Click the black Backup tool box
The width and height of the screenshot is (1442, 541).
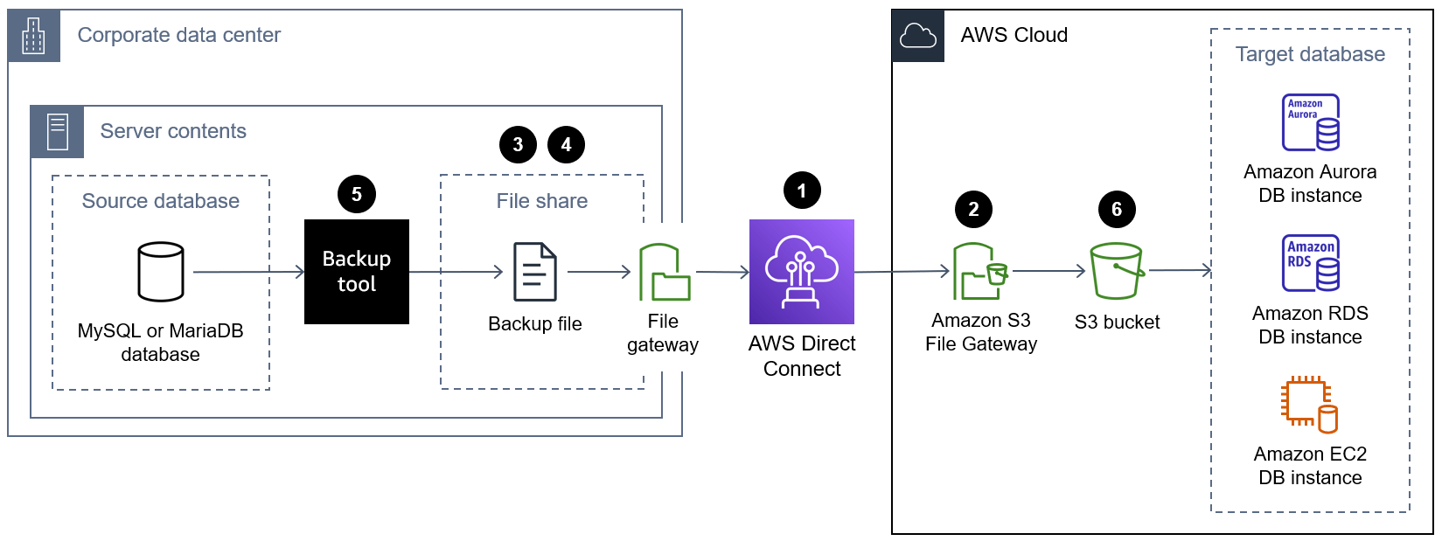pos(356,272)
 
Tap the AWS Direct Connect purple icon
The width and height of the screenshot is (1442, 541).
pos(801,272)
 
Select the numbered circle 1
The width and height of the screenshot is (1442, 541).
pos(802,191)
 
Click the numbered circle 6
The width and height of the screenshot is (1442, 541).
pos(1117,209)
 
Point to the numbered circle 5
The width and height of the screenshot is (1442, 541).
pos(356,194)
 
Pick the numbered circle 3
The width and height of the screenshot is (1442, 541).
pos(518,144)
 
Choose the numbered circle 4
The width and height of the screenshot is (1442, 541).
pos(566,144)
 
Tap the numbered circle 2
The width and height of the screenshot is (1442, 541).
pos(973,209)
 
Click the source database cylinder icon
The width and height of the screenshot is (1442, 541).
pos(161,272)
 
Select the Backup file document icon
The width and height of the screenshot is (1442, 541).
pos(534,272)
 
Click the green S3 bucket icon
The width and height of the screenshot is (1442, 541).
pos(1117,271)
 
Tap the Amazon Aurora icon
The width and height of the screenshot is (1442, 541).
pos(1310,122)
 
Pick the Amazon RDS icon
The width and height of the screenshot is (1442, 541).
pos(1310,263)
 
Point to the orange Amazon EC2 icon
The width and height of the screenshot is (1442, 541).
pos(1309,405)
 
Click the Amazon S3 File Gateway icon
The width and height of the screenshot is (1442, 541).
pos(979,272)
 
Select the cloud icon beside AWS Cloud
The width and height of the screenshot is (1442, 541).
pos(918,36)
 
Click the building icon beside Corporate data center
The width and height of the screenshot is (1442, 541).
pos(34,36)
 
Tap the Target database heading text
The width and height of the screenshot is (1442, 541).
pos(1310,54)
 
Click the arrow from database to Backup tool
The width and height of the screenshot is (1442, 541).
pos(248,272)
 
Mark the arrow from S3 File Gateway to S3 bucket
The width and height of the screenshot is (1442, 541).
pos(1048,271)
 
